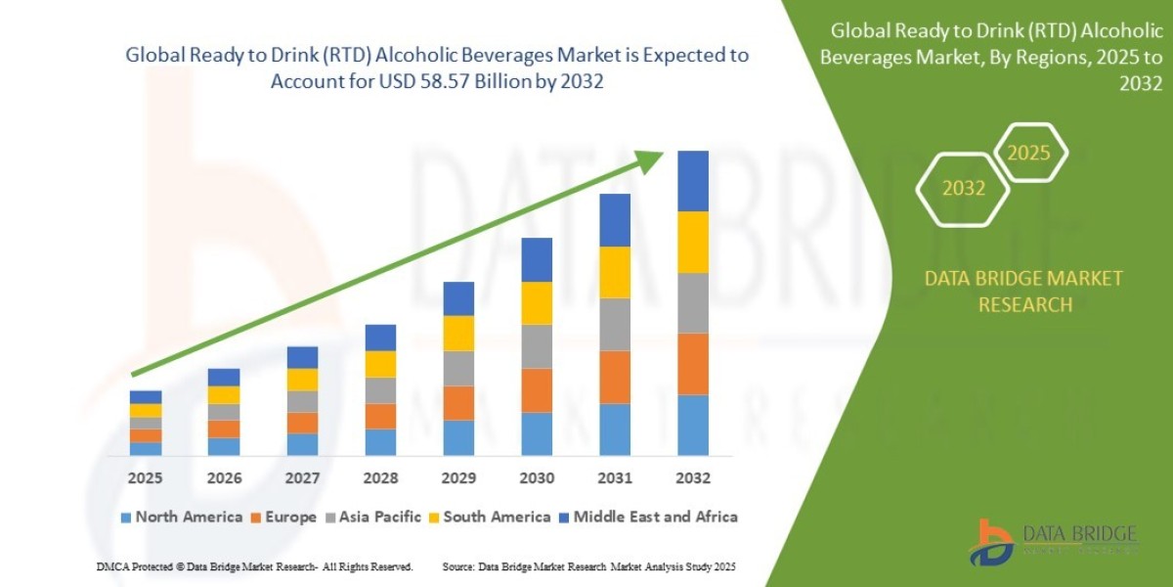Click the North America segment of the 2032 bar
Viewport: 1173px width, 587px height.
[x=692, y=425]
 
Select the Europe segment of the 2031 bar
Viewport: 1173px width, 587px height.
[x=614, y=377]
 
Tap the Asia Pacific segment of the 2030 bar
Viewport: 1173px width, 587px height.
[x=536, y=346]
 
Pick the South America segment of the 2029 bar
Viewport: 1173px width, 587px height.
[x=457, y=333]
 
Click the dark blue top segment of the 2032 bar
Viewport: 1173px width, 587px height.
[x=692, y=181]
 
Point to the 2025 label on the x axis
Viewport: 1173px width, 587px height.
[x=145, y=478]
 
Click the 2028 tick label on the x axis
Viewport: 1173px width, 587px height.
[x=380, y=478]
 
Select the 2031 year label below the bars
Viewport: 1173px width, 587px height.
[x=614, y=478]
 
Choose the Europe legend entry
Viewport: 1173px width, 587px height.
[x=286, y=517]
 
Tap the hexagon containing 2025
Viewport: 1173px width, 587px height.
[x=1028, y=154]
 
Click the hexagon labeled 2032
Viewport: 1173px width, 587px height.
[x=963, y=188]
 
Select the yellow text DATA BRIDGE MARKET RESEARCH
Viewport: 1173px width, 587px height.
[x=1023, y=292]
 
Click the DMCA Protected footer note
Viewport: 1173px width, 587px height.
[x=254, y=566]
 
